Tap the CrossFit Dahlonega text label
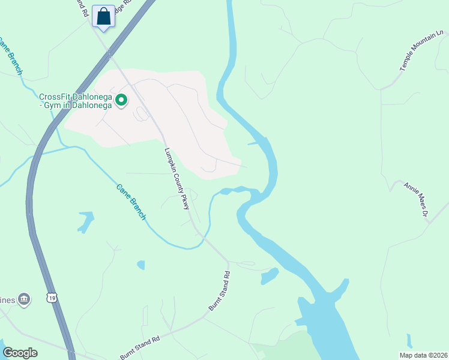click(x=76, y=101)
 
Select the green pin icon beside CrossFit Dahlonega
click(x=121, y=100)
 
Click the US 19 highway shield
click(x=52, y=296)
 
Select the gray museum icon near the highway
click(x=24, y=298)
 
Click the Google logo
click(x=20, y=353)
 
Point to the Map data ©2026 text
click(x=423, y=355)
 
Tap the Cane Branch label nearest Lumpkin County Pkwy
click(x=131, y=201)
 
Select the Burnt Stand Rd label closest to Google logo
click(x=140, y=347)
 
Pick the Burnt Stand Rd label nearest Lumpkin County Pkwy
click(x=219, y=291)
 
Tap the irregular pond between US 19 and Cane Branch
click(x=85, y=221)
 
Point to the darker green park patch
click(x=282, y=348)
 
